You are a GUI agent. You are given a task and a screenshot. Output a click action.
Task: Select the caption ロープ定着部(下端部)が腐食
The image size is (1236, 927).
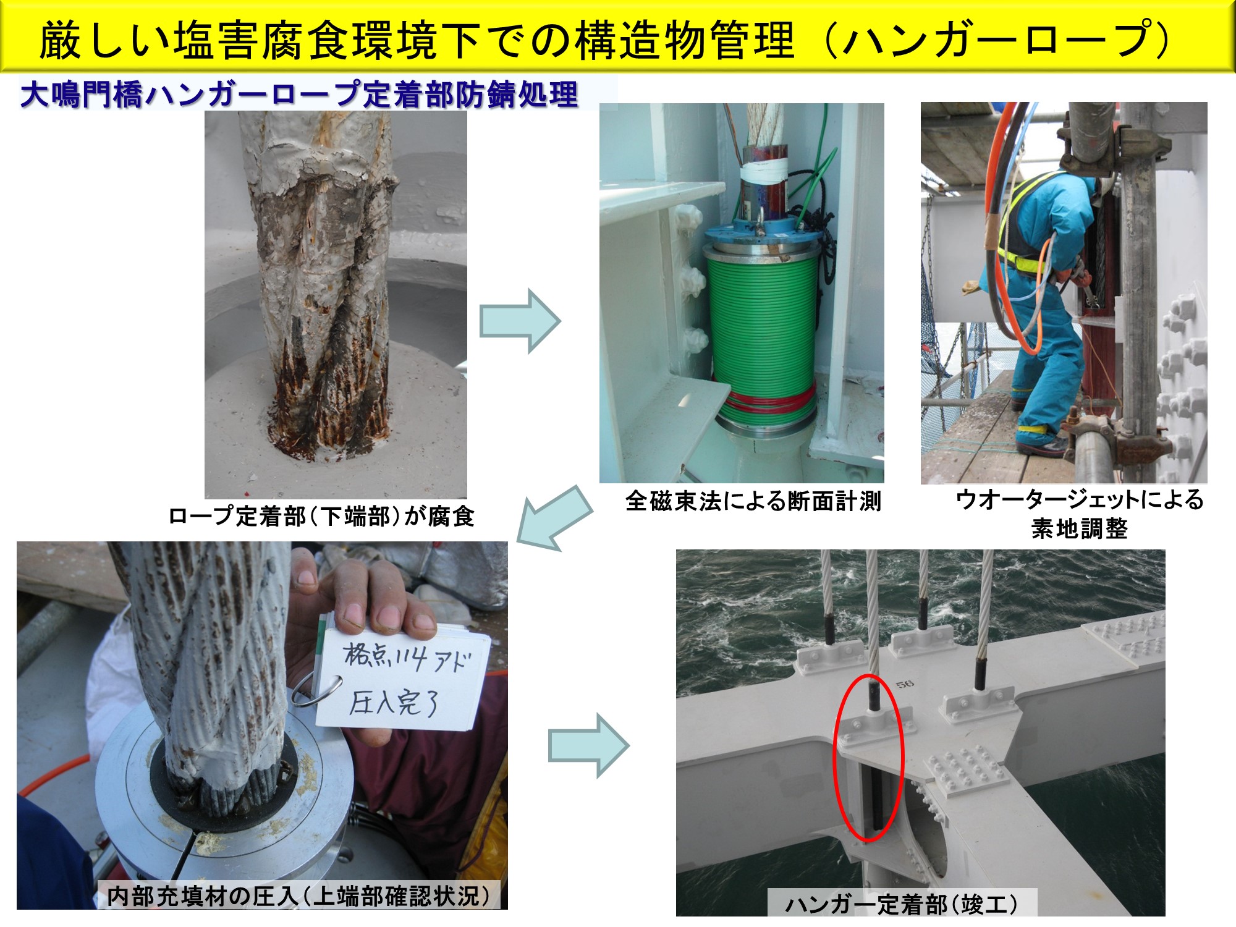pyautogui.click(x=321, y=516)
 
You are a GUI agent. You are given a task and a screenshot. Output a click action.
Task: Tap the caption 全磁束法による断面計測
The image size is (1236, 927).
pyautogui.click(x=753, y=501)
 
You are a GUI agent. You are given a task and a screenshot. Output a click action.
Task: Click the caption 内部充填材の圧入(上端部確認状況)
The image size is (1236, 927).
pyautogui.click(x=298, y=895)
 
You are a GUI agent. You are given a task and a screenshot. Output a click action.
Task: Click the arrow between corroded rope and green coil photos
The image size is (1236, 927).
pyautogui.click(x=520, y=321)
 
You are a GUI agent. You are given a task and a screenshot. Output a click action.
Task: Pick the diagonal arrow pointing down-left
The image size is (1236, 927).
pyautogui.click(x=554, y=518)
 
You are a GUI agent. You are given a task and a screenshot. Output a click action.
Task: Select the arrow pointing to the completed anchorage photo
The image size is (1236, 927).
pyautogui.click(x=588, y=745)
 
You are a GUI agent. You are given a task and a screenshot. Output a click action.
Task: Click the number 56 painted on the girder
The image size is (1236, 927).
pyautogui.click(x=905, y=684)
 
